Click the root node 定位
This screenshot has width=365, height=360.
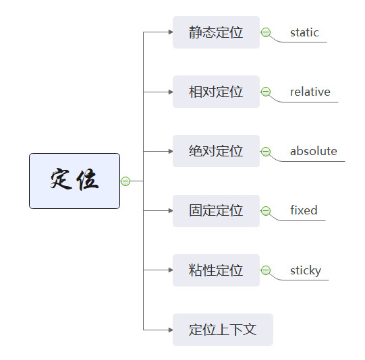click(x=74, y=181)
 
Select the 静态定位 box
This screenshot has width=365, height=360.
click(x=216, y=32)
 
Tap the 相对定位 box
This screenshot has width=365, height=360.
click(x=216, y=92)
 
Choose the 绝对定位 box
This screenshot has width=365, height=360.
click(x=216, y=151)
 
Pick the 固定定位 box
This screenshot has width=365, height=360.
click(x=216, y=211)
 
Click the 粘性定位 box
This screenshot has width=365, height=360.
click(x=216, y=270)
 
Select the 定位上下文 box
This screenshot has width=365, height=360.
click(x=223, y=330)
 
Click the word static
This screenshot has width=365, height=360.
click(x=304, y=32)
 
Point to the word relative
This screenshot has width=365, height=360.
click(x=310, y=92)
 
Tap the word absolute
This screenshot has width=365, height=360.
click(x=314, y=151)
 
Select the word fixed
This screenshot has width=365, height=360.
click(x=304, y=210)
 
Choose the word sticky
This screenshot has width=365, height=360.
click(x=306, y=271)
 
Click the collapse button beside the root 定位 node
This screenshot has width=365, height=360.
click(x=125, y=181)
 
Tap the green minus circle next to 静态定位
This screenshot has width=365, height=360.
click(x=266, y=32)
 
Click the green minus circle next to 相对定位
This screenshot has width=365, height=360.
click(x=266, y=92)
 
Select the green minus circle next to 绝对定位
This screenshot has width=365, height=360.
click(x=266, y=152)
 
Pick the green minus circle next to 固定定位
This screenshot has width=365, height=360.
click(x=266, y=211)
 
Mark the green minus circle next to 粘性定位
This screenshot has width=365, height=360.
click(x=266, y=270)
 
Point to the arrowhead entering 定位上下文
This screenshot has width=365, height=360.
click(x=171, y=330)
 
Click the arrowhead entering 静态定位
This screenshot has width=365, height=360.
click(x=171, y=32)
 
